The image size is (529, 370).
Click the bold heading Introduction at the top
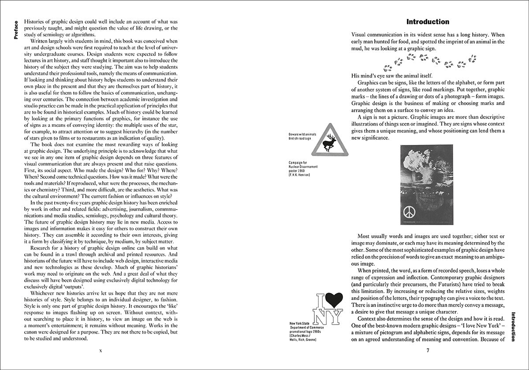point(428,22)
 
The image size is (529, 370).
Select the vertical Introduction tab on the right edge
point(513,326)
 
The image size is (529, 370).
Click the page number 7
point(428,351)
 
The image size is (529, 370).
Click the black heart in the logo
point(334,300)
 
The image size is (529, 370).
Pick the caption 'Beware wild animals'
point(303,134)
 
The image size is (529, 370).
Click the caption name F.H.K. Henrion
point(303,175)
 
